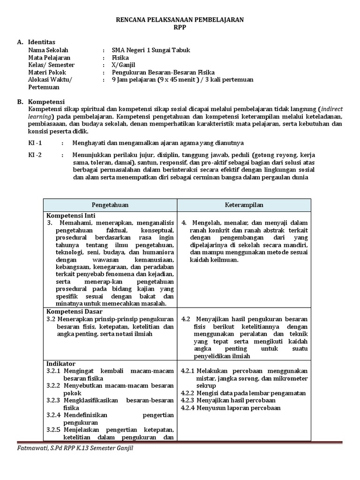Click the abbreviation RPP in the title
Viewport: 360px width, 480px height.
[x=180, y=27]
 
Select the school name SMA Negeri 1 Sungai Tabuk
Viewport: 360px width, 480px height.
[x=151, y=50]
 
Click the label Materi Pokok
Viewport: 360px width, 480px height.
[x=47, y=72]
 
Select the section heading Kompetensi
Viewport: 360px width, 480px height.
[x=46, y=102]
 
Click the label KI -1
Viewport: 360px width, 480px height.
[x=35, y=142]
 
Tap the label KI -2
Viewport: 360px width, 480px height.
[x=35, y=155]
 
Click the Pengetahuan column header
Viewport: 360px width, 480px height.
[x=110, y=205]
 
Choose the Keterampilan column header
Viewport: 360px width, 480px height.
[x=244, y=205]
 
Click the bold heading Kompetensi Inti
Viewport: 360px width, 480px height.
[x=70, y=216]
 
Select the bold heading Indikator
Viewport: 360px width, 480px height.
[x=61, y=363]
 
